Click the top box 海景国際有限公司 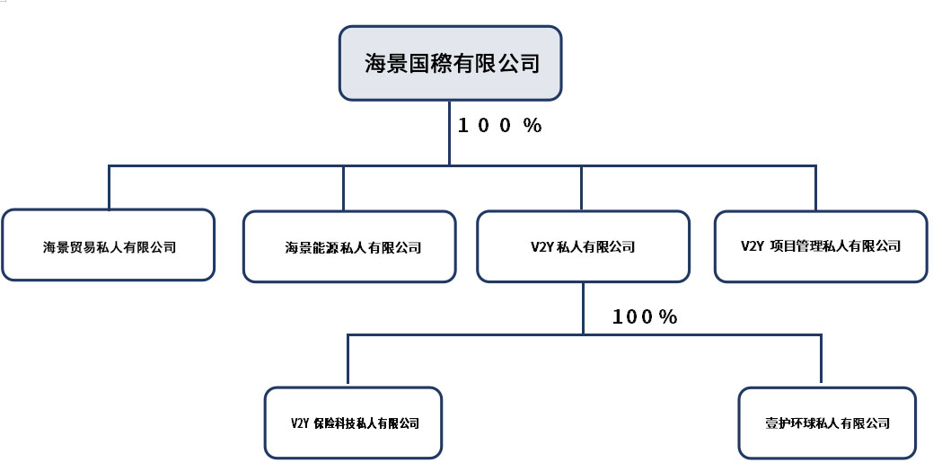pyautogui.click(x=450, y=62)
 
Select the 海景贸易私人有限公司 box pyautogui.click(x=108, y=245)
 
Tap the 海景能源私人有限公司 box pyautogui.click(x=348, y=246)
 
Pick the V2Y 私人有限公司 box pyautogui.click(x=583, y=245)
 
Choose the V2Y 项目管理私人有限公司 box pyautogui.click(x=821, y=245)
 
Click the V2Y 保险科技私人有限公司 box pyautogui.click(x=353, y=423)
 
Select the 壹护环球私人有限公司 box pyautogui.click(x=826, y=423)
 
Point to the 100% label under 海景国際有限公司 pyautogui.click(x=500, y=126)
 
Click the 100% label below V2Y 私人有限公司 pyautogui.click(x=644, y=316)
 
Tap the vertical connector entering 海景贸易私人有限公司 pyautogui.click(x=109, y=187)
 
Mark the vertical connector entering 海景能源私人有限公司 pyautogui.click(x=344, y=187)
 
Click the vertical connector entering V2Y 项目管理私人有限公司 pyautogui.click(x=815, y=187)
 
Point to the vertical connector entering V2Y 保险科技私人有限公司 pyautogui.click(x=348, y=361)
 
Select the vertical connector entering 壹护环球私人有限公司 pyautogui.click(x=821, y=361)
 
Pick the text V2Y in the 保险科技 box pyautogui.click(x=300, y=423)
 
